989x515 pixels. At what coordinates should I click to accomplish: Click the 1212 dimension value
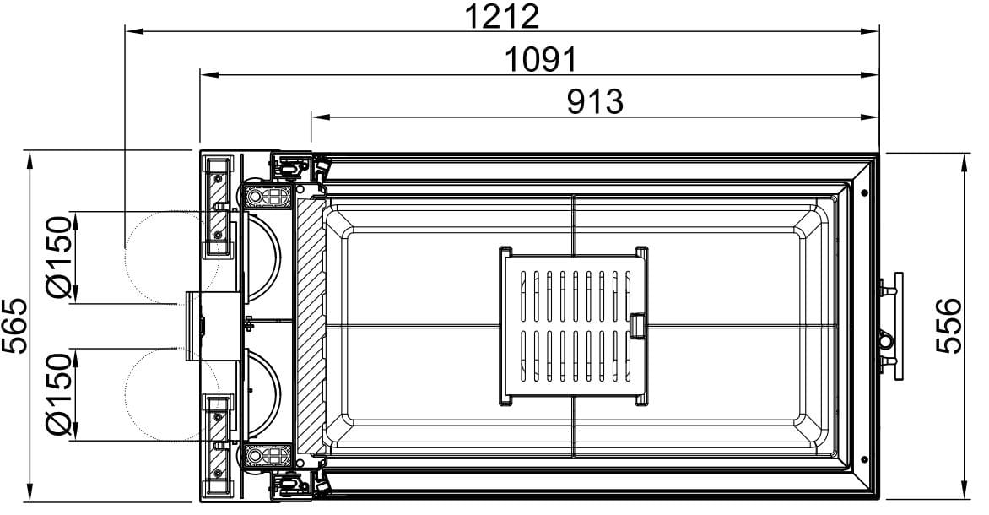tap(502, 16)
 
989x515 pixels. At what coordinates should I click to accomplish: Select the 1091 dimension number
tap(541, 60)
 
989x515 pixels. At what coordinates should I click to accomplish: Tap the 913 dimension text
tap(595, 101)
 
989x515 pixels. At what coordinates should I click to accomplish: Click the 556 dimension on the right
tap(948, 326)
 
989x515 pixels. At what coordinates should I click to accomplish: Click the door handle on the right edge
tap(892, 326)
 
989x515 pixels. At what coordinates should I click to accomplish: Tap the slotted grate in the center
tap(574, 326)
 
